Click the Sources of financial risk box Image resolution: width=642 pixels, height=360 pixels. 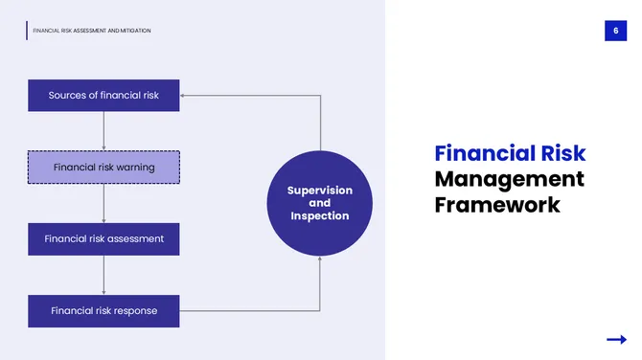pos(103,96)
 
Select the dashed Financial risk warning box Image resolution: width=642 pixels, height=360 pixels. pos(103,168)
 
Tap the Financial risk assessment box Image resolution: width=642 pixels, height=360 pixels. pos(103,238)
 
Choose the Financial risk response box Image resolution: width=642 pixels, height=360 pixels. pos(103,310)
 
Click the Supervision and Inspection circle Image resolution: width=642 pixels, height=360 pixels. pos(319,203)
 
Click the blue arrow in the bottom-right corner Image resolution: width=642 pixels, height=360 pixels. pos(616,339)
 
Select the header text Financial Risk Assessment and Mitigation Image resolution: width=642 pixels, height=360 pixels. pos(92,31)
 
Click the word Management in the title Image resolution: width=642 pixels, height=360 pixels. pos(509,179)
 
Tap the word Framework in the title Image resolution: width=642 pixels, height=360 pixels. pos(496,205)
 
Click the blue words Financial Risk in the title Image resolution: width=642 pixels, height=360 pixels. pos(510,153)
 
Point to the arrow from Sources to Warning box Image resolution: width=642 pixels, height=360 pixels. pos(103,130)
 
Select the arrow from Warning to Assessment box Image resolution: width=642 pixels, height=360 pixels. pos(103,202)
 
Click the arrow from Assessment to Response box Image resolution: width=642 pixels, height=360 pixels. pos(103,274)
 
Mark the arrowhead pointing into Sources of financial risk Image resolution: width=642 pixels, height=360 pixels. pos(184,96)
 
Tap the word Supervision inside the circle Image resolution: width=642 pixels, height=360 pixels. pos(320,191)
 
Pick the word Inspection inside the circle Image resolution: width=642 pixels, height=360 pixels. pos(320,215)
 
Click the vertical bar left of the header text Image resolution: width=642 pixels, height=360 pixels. pos(27,31)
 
